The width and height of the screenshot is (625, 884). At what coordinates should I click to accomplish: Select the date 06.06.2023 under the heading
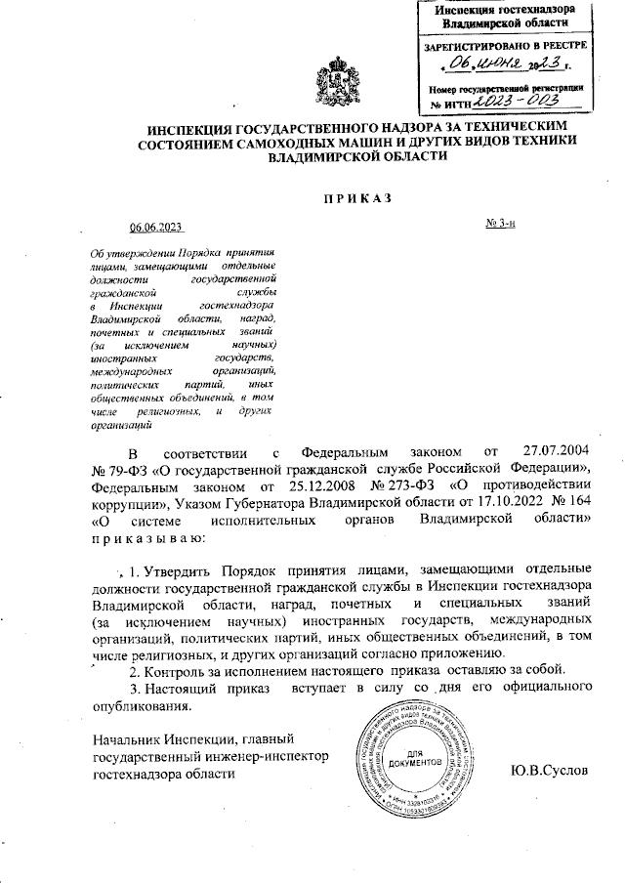point(156,227)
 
